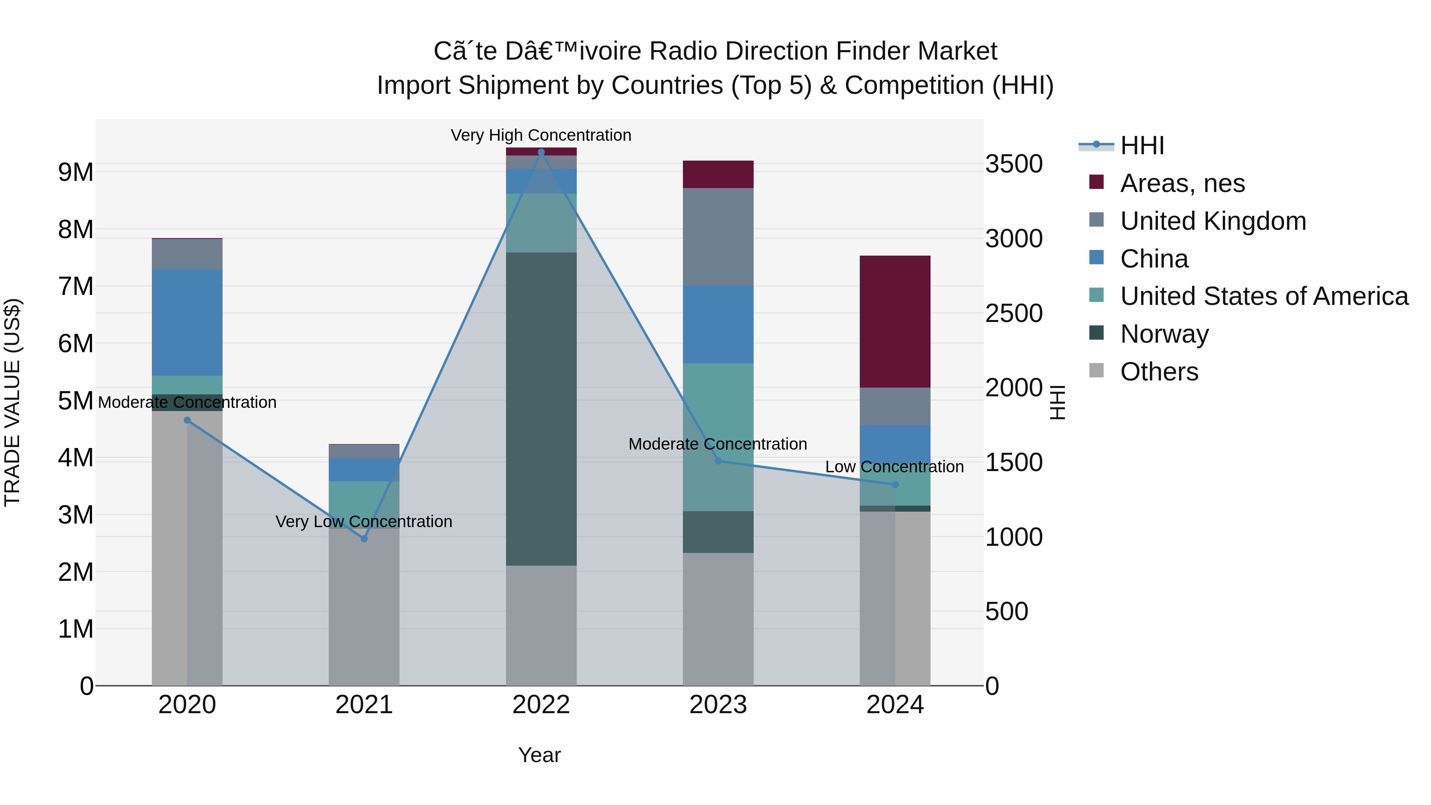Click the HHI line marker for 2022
[x=541, y=152]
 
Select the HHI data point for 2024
[x=895, y=485]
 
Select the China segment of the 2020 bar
[x=187, y=322]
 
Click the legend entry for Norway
[x=1164, y=334]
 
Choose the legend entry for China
[x=1154, y=259]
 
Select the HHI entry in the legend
[x=1142, y=145]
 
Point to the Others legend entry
[x=1159, y=372]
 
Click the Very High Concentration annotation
[x=541, y=135]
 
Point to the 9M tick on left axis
[x=76, y=172]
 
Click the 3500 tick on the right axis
[x=1014, y=165]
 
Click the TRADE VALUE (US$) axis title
[x=13, y=402]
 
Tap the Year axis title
[x=539, y=755]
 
